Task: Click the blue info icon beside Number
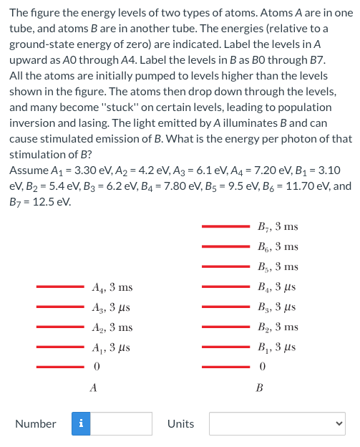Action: (79, 423)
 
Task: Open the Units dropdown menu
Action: (277, 423)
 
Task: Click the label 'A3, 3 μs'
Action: (112, 307)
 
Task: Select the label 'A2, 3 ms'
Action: (112, 327)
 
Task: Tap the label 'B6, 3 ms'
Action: (277, 247)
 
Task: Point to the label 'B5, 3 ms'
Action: (277, 267)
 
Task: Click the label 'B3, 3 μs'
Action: (276, 307)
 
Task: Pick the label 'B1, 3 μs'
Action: (276, 347)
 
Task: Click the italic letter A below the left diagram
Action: (93, 388)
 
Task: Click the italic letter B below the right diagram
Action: (259, 388)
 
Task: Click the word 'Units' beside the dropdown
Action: (180, 423)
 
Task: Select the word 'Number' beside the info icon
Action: (36, 423)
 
